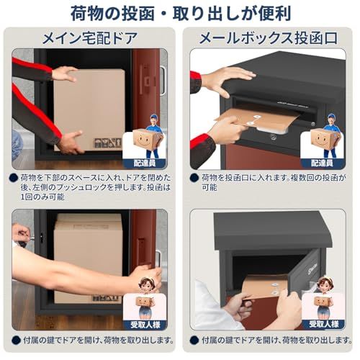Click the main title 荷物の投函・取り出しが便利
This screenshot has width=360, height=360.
point(180,14)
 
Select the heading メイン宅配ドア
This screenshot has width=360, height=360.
point(90,37)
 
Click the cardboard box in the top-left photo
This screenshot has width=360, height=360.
point(90,104)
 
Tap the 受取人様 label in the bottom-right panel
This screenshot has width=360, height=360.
point(323,324)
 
